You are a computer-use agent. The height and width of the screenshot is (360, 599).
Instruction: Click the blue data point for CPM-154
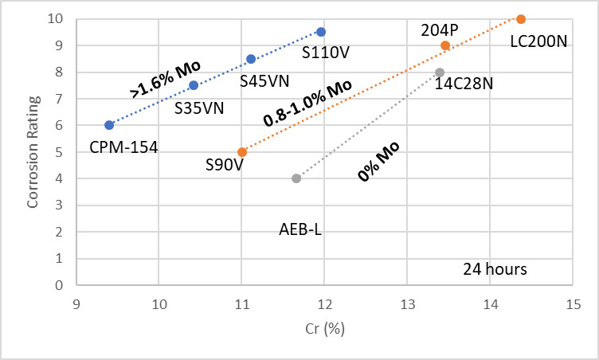(109, 125)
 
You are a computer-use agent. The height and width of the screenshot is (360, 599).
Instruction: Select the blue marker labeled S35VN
(194, 85)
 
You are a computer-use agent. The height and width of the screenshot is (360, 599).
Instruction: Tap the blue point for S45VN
(251, 59)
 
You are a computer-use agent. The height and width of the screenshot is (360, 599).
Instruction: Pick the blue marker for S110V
(321, 32)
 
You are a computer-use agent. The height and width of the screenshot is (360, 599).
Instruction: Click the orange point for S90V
(242, 151)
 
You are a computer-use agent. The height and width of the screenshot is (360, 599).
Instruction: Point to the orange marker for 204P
(445, 45)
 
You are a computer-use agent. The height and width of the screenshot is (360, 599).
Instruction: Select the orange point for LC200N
(521, 19)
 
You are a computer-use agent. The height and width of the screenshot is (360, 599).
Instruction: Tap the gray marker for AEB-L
(296, 178)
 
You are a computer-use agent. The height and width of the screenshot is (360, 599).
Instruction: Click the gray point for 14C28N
(440, 72)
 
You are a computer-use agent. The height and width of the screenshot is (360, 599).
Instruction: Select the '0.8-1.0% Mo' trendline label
(307, 102)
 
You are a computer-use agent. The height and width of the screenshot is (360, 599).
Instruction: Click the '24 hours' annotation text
(495, 268)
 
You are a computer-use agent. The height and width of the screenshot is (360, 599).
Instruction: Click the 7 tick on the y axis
(59, 99)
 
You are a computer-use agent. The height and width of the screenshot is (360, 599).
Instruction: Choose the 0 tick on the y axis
(59, 285)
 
